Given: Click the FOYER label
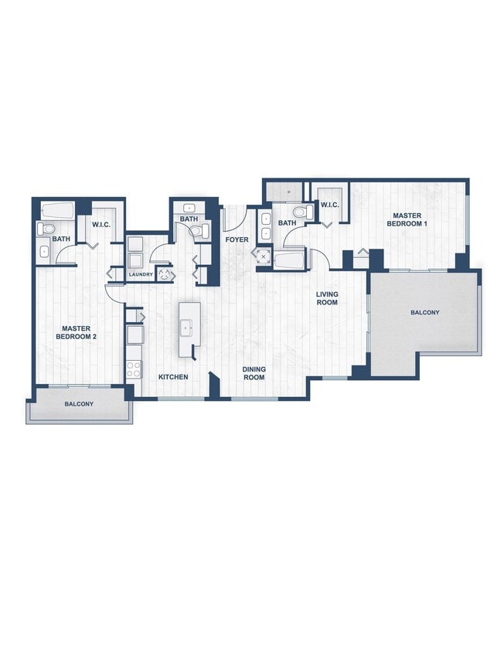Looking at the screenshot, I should [237, 239].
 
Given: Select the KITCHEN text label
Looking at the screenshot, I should [173, 377].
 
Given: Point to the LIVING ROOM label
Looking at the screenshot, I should [327, 298].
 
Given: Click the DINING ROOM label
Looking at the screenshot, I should [254, 373].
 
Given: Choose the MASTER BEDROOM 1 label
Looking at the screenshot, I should [408, 219].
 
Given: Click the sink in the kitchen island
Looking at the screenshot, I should [186, 329].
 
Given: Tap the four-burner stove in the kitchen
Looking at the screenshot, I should [134, 369].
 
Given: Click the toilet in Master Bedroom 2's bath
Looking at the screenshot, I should [46, 229].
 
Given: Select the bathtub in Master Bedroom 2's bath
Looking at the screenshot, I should [57, 209].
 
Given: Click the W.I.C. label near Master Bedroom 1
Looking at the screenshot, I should [329, 205].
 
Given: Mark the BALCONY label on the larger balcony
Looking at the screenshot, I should [424, 313].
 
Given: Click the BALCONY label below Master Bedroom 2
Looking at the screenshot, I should [79, 404].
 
